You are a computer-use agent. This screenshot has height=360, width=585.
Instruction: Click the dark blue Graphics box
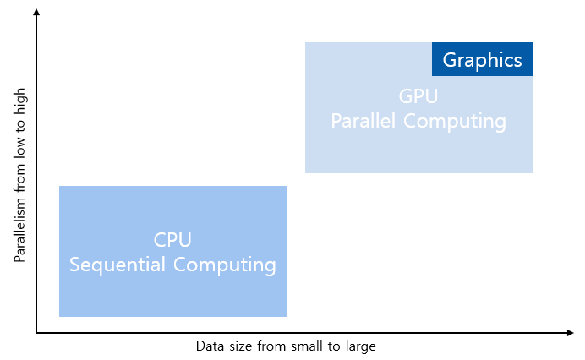click(482, 60)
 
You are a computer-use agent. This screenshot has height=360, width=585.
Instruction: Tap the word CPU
click(172, 240)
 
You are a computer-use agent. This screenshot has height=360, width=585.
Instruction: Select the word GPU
click(418, 95)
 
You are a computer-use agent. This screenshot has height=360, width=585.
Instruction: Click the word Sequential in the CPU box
click(118, 265)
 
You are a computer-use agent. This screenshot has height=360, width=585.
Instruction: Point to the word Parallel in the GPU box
click(364, 121)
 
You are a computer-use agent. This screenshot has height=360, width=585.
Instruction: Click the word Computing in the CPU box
click(224, 265)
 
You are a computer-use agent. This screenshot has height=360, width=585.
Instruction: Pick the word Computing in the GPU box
click(455, 122)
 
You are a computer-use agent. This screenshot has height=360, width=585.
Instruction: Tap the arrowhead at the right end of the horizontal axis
click(571, 333)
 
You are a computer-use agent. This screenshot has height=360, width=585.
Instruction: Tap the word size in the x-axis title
click(239, 346)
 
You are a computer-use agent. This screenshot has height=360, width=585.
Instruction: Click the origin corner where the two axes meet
click(37, 333)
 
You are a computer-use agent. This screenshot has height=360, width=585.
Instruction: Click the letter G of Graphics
click(450, 60)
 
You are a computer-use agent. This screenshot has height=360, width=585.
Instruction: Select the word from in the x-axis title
click(270, 346)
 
